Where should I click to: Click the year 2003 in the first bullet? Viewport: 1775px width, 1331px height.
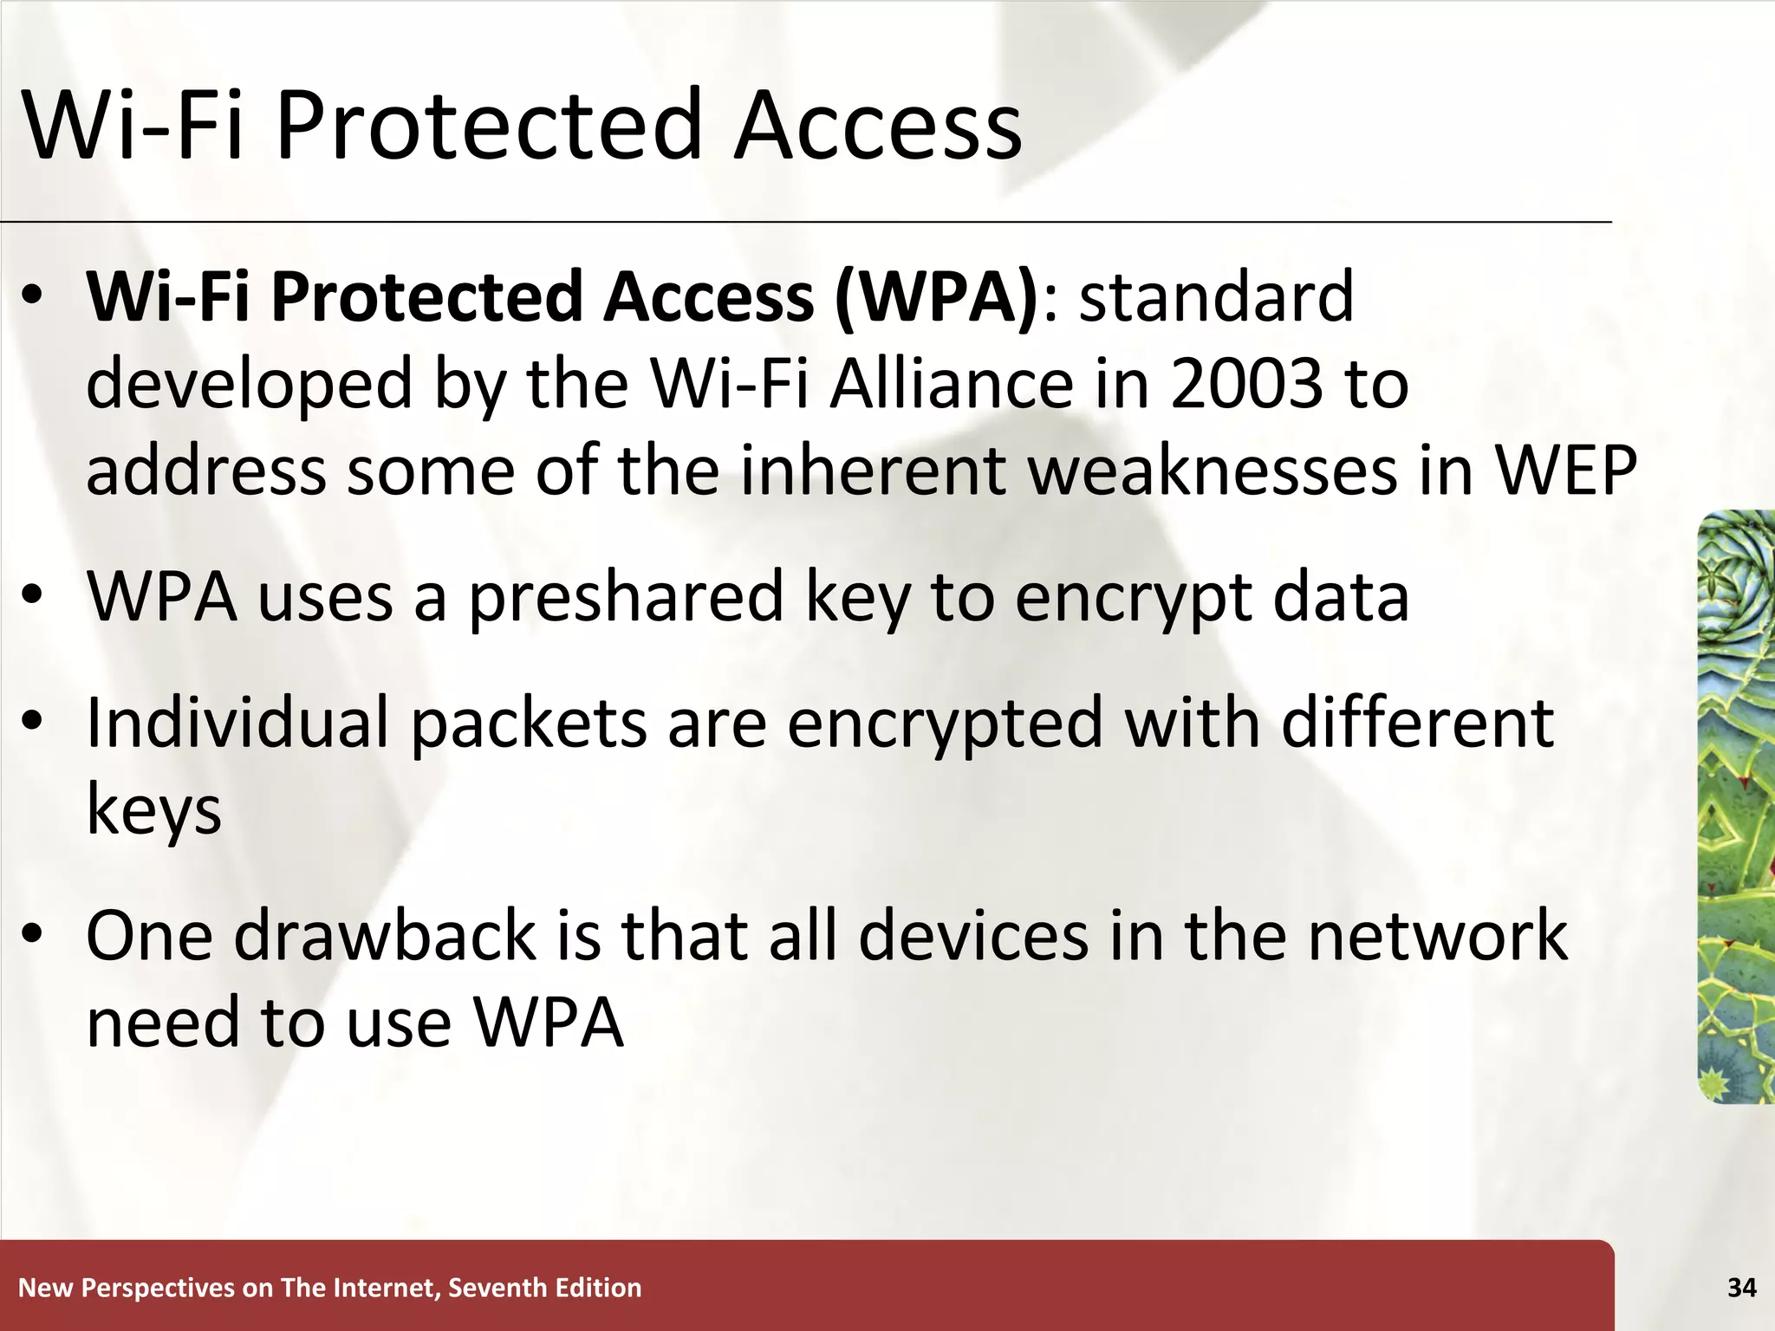pyautogui.click(x=1246, y=384)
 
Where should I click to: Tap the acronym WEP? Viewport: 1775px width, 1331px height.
pyautogui.click(x=1566, y=471)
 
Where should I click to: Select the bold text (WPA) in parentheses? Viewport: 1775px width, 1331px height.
pyautogui.click(x=936, y=297)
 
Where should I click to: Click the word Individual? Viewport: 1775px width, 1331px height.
pyautogui.click(x=237, y=724)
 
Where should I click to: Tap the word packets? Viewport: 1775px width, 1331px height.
pyautogui.click(x=529, y=724)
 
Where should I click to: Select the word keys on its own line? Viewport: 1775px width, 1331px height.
pyautogui.click(x=154, y=812)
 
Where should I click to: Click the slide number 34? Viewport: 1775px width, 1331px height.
pyautogui.click(x=1741, y=1289)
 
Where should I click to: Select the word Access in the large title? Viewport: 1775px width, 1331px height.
pyautogui.click(x=878, y=126)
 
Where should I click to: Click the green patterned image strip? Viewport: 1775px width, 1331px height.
pyautogui.click(x=1735, y=806)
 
